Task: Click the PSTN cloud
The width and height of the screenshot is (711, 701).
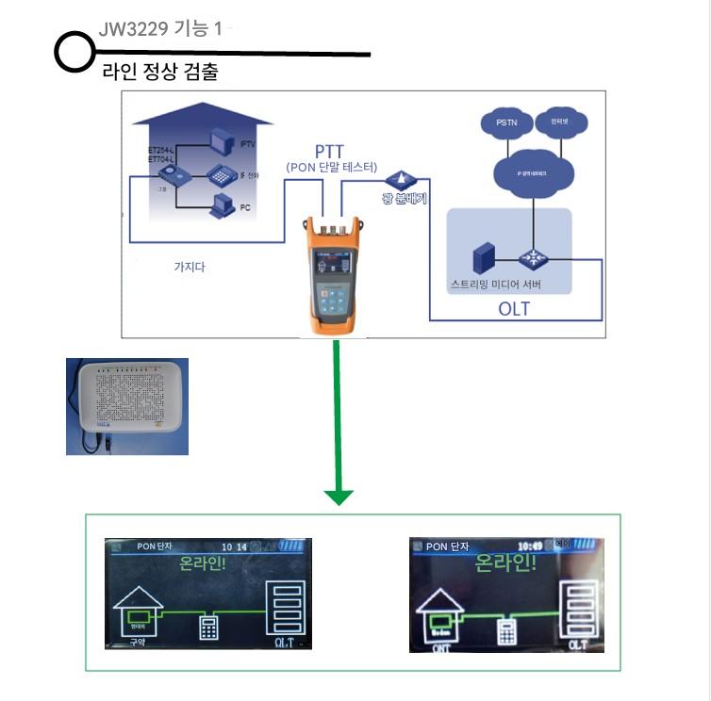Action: [500, 123]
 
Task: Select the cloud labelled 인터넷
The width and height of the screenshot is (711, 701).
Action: [548, 122]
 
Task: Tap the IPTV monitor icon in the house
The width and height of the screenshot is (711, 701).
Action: [221, 142]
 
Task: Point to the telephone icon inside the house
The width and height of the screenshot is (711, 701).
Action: [221, 173]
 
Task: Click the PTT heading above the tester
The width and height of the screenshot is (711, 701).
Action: [333, 152]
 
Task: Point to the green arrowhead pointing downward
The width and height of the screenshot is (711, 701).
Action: [338, 496]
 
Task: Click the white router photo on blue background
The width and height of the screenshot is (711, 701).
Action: [127, 406]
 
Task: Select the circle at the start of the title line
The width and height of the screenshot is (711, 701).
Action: [73, 53]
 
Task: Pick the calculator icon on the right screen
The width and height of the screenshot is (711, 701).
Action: [507, 629]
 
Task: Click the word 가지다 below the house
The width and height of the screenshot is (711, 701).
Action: [190, 267]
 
